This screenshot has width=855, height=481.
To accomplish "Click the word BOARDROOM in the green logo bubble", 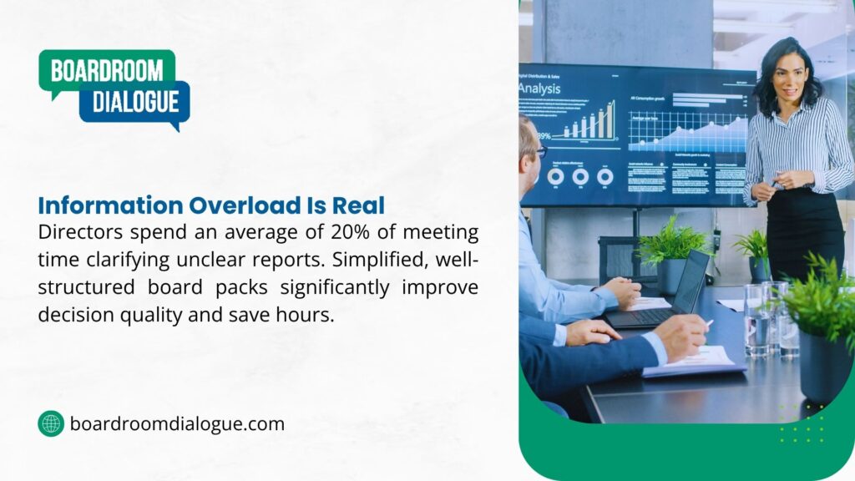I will coord(107,70).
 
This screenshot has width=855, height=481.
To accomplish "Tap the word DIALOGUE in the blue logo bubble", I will coord(135,102).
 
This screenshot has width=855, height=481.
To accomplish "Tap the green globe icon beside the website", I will coord(51,423).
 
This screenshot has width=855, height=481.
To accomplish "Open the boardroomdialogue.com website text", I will coord(177,423).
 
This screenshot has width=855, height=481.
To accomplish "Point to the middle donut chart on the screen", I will coord(580,177).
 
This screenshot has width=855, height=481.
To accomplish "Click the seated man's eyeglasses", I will coord(539,152).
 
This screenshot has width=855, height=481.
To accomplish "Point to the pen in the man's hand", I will coord(708,322).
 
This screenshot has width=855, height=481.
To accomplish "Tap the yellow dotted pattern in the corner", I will coord(802,423).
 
